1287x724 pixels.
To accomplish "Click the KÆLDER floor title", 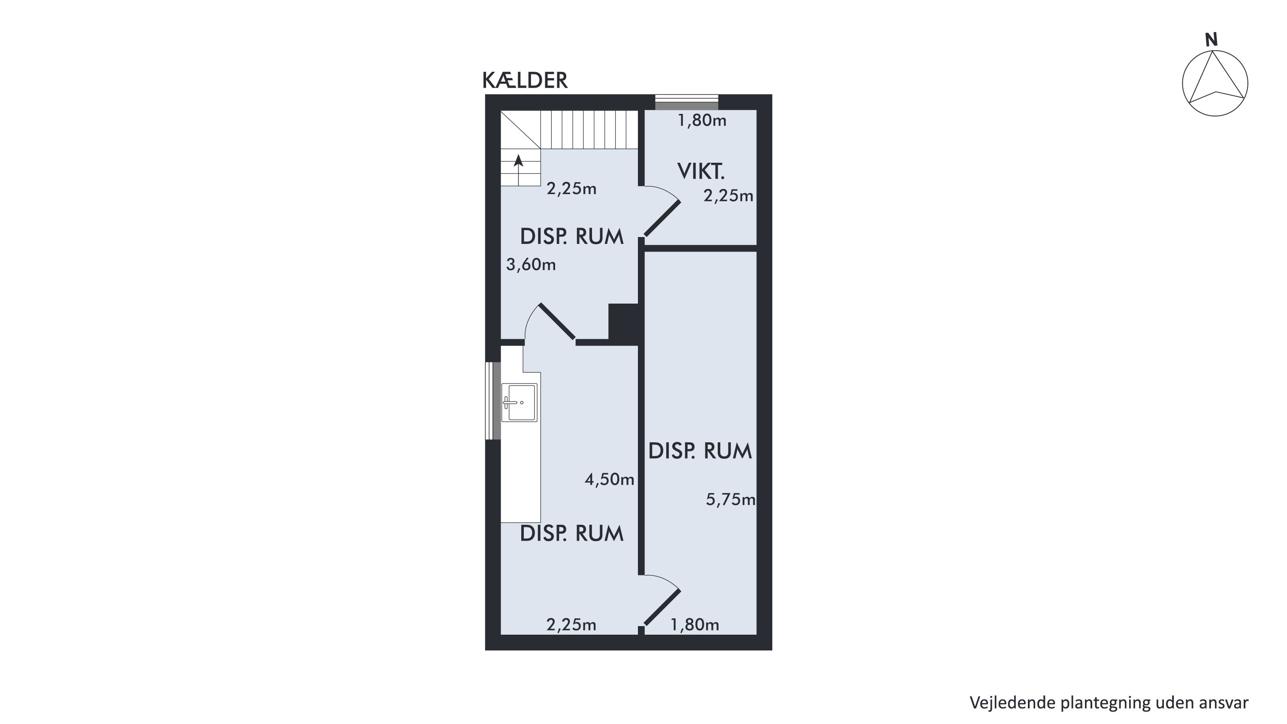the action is click(x=525, y=80).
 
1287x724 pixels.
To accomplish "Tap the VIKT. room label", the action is click(x=701, y=171).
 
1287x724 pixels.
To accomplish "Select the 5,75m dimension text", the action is click(x=731, y=499).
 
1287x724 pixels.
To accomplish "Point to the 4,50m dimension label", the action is click(x=610, y=480).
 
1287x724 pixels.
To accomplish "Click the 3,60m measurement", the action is click(x=531, y=264).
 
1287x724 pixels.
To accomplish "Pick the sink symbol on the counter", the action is click(x=520, y=402).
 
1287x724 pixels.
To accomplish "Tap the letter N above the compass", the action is click(x=1211, y=40).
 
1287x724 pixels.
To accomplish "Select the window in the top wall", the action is click(x=686, y=102).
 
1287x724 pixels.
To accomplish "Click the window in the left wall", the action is click(x=493, y=401).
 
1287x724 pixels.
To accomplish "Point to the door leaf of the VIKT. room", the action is click(x=662, y=218).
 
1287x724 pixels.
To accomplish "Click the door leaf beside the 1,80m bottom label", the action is click(x=662, y=607).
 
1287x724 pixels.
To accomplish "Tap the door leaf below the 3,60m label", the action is click(x=557, y=322).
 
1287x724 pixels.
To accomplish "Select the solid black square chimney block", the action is click(x=623, y=322).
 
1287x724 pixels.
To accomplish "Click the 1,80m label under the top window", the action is click(x=701, y=121).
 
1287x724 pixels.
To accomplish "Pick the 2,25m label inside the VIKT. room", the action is click(x=728, y=195).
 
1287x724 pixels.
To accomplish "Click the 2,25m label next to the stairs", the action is click(x=571, y=189).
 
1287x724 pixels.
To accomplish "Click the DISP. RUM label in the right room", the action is click(x=700, y=451).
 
